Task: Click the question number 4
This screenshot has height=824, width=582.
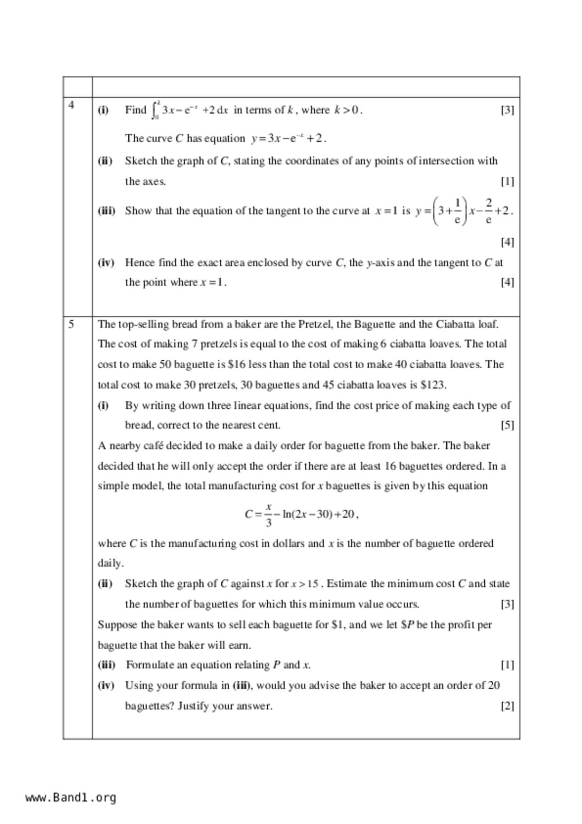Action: pyautogui.click(x=71, y=105)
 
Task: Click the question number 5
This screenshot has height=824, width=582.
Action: pyautogui.click(x=71, y=324)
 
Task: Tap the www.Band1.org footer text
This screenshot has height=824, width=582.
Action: pyautogui.click(x=70, y=797)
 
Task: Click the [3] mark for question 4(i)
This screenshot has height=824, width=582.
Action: pyautogui.click(x=507, y=110)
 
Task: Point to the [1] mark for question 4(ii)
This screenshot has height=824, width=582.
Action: pyautogui.click(x=507, y=181)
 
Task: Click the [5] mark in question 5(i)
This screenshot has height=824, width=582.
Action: pyautogui.click(x=507, y=425)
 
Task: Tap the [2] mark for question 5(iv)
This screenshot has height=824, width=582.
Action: pyautogui.click(x=507, y=706)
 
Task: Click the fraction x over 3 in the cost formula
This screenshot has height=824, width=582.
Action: pyautogui.click(x=268, y=514)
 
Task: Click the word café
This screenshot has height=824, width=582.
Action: pyautogui.click(x=149, y=446)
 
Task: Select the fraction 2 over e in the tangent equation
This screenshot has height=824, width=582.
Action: pyautogui.click(x=489, y=211)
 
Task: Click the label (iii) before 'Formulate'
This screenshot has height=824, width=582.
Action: pyautogui.click(x=106, y=665)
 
